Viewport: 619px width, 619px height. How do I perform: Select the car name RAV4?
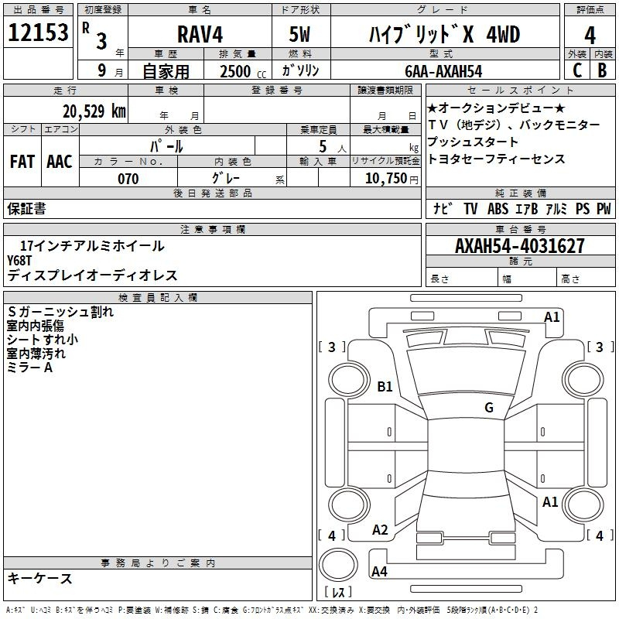point(199,36)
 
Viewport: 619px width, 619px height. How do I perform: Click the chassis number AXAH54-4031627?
point(520,246)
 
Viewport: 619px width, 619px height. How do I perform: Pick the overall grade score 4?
point(590,35)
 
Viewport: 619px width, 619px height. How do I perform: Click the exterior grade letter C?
point(576,70)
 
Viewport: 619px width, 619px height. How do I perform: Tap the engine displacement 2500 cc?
point(240,71)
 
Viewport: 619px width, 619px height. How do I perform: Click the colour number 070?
point(128,179)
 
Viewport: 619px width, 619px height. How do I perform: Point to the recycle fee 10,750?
point(385,178)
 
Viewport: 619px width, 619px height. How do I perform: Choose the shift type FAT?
point(22,162)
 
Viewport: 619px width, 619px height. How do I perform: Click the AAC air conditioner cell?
point(60,162)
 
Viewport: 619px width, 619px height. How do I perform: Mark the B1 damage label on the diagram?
point(385,386)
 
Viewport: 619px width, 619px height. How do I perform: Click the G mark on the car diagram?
point(489,408)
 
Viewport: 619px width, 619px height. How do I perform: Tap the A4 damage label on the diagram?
point(380,572)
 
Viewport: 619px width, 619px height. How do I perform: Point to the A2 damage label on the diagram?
point(380,530)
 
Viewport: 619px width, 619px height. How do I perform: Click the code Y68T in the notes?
point(23,260)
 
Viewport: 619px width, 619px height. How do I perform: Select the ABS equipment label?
point(498,209)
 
